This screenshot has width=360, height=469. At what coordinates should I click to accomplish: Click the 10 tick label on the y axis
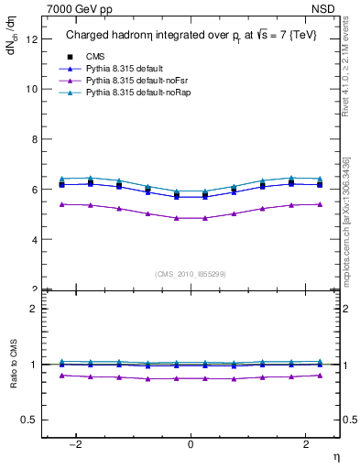[x=33, y=90]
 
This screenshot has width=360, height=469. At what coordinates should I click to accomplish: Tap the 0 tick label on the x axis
[x=191, y=444]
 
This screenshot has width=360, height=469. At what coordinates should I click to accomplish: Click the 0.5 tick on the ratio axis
[x=31, y=420]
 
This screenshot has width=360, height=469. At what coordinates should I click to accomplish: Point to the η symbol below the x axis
[x=335, y=455]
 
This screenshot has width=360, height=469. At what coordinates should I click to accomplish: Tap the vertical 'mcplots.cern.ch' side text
[x=349, y=234]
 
